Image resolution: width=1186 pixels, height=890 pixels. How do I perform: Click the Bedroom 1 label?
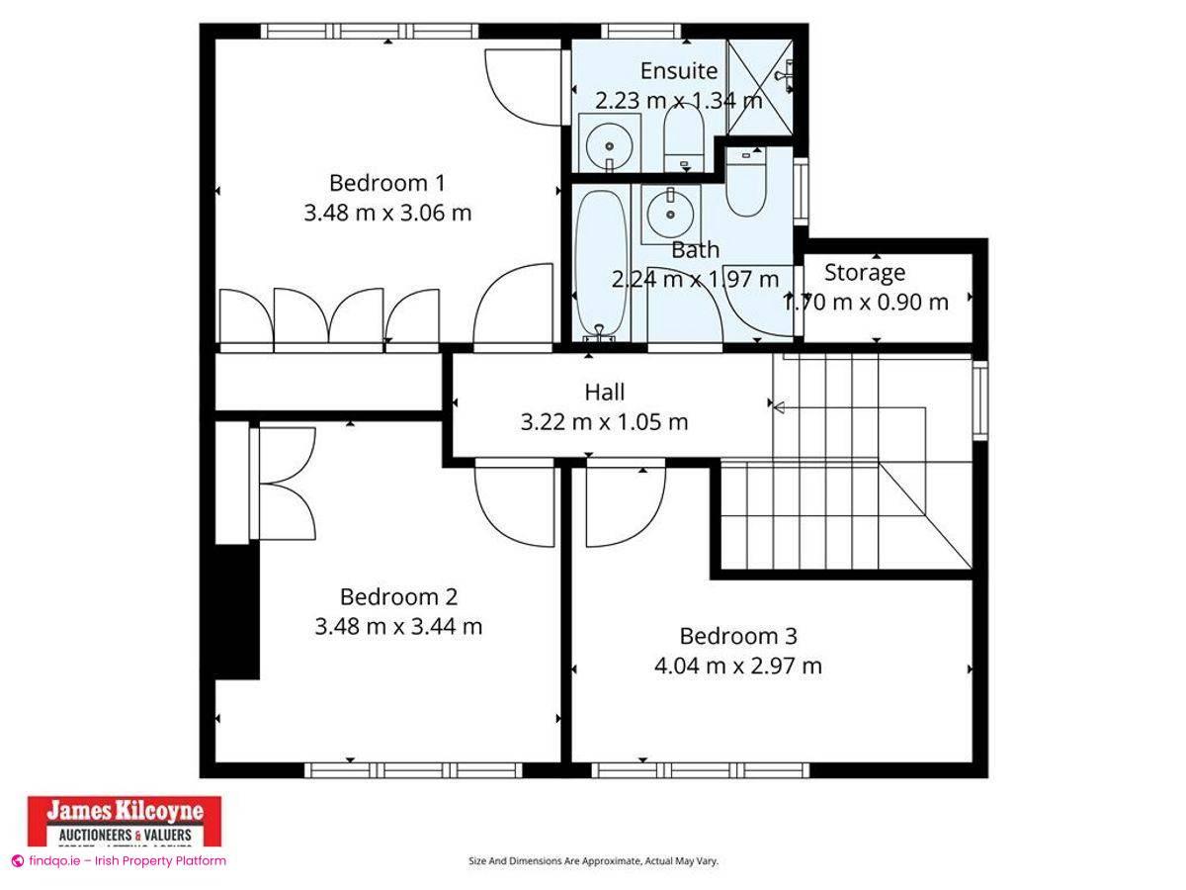386,183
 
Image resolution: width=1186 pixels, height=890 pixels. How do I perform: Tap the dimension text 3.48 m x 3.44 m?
398,626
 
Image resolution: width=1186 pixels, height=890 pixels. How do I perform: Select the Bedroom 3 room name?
738,636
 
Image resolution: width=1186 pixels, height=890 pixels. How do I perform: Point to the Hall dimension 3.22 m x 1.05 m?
604,422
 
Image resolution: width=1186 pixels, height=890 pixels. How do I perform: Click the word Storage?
865,272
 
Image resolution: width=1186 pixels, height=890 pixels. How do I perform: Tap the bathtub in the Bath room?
600,262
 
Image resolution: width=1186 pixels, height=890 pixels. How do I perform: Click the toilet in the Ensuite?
683,138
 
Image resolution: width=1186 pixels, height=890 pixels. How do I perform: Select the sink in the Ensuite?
608,144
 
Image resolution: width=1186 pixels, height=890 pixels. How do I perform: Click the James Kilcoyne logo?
125,821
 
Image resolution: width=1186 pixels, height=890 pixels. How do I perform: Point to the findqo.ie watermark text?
119,860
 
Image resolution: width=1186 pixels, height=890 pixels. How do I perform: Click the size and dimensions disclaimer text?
593,861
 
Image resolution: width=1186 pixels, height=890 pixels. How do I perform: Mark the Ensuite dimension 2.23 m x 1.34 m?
678,100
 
